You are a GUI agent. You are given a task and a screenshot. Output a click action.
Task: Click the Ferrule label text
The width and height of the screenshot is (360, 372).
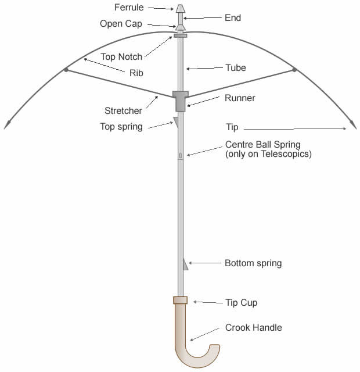pos(129,8)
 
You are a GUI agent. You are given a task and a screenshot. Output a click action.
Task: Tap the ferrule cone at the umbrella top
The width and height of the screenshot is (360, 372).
pos(181,9)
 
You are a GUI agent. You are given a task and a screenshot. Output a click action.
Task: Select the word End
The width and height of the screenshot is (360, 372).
pos(233,18)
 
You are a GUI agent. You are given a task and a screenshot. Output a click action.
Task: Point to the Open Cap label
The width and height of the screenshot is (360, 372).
pos(121,24)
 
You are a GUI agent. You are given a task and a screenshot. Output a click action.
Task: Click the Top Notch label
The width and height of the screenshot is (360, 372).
pos(121,57)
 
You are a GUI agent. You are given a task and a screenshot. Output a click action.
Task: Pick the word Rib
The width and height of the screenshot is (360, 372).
pos(136,73)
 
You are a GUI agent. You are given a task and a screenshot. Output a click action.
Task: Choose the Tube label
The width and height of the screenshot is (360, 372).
pos(236,68)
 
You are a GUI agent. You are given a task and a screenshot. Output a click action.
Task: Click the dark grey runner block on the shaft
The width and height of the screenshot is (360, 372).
pos(181,101)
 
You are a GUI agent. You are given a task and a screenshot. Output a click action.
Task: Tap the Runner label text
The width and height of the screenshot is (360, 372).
pos(240,98)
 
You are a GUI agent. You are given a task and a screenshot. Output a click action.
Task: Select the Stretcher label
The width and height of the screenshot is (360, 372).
pos(123,111)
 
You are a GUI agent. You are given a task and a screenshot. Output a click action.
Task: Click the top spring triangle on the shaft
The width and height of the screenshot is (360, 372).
pos(176,122)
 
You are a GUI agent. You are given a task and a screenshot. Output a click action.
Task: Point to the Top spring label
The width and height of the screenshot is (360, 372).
pos(121,127)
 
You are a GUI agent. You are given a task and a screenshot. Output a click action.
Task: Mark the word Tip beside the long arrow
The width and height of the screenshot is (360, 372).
pos(232,127)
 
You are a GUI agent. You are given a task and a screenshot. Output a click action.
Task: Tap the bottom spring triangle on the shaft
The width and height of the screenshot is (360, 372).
pos(186,264)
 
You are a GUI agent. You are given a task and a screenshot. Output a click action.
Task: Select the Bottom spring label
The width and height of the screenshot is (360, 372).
pos(253,263)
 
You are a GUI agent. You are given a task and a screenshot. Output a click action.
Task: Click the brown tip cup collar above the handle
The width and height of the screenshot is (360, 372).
pos(181,300)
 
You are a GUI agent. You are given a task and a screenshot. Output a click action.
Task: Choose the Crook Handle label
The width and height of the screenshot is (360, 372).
pos(253,328)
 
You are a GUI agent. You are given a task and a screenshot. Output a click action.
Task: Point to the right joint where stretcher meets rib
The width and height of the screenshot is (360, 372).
pos(294,70)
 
